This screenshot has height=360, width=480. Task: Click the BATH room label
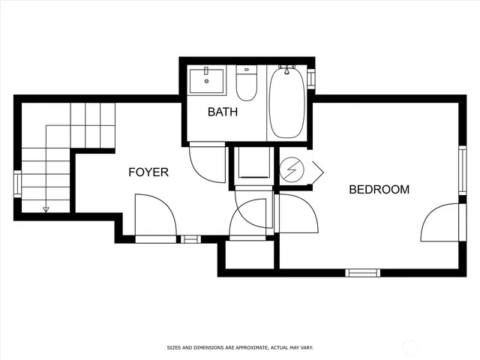pyautogui.click(x=223, y=112)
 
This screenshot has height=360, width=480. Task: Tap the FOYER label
pyautogui.click(x=148, y=172)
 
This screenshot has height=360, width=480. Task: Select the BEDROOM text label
pyautogui.click(x=379, y=190)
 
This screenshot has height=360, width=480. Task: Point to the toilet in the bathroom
pyautogui.click(x=247, y=84)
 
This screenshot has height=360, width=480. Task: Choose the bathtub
pyautogui.click(x=286, y=103)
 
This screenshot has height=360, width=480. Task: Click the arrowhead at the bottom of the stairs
pyautogui.click(x=46, y=209)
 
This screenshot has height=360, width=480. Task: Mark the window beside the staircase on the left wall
pyautogui.click(x=17, y=184)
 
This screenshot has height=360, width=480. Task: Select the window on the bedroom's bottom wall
pyautogui.click(x=362, y=272)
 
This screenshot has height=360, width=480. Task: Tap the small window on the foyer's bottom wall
pyautogui.click(x=191, y=239)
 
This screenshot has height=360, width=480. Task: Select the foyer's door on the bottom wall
pyautogui.click(x=155, y=218)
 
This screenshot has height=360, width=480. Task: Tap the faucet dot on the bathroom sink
pyautogui.click(x=206, y=81)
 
